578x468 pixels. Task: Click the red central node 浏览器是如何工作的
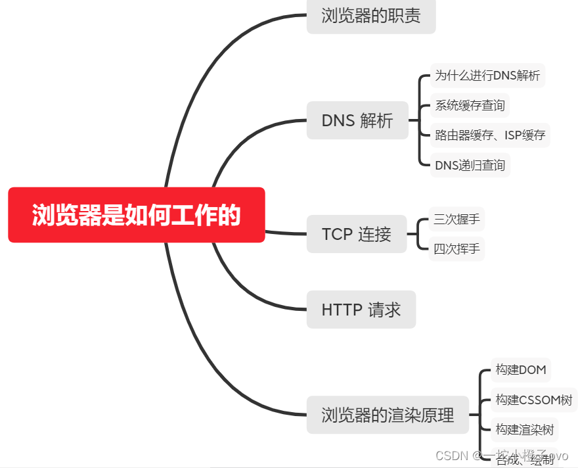[x=137, y=215]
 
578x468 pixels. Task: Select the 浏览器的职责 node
[x=371, y=16]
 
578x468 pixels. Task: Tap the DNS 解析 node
[x=357, y=120]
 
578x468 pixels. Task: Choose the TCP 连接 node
[x=356, y=234]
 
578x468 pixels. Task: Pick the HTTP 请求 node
[x=361, y=310]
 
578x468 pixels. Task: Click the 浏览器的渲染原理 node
[x=388, y=415]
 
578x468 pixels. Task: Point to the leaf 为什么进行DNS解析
[x=487, y=75]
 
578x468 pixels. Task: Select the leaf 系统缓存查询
[x=470, y=105]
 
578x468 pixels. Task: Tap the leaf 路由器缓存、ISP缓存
[x=490, y=135]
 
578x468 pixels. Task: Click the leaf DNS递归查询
[x=470, y=165]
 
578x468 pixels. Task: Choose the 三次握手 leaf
[x=456, y=219]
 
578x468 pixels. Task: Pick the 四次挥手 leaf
[x=456, y=249]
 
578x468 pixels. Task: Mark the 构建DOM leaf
[x=521, y=369]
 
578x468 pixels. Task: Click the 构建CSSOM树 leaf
[x=534, y=400]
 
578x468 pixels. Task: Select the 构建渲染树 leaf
[x=525, y=430]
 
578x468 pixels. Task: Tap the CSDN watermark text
[x=451, y=455]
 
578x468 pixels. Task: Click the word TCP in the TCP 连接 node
[x=337, y=234]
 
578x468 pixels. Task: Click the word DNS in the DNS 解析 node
[x=338, y=120]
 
